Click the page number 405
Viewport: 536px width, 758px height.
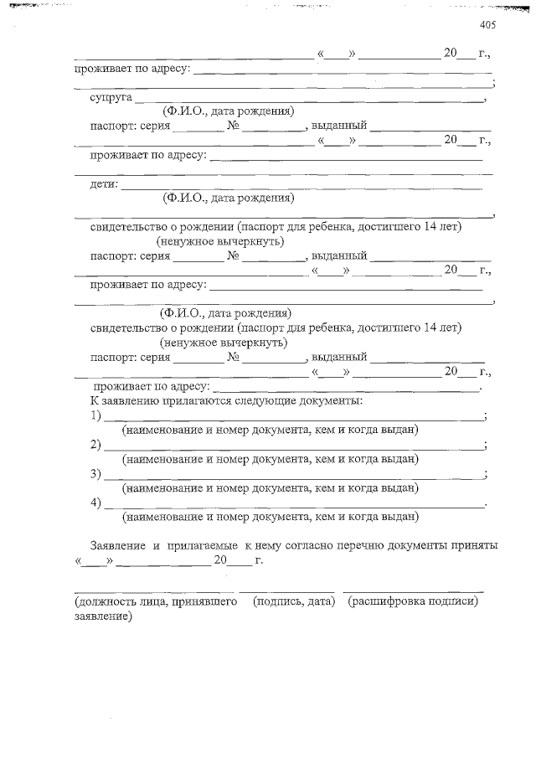[x=488, y=25]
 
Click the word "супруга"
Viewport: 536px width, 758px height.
[x=108, y=97]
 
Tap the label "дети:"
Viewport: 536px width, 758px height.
[x=104, y=184]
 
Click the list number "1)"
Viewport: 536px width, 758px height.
[x=95, y=415]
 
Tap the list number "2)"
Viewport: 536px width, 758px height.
[x=95, y=444]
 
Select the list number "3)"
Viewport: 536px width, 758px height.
[x=95, y=473]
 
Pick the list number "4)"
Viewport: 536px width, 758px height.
[x=95, y=503]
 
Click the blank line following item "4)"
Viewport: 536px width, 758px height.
[x=293, y=506]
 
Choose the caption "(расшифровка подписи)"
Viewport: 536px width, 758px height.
[x=414, y=601]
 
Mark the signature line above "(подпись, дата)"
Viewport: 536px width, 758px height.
[x=286, y=591]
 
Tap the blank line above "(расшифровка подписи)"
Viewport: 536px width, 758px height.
[x=413, y=591]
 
